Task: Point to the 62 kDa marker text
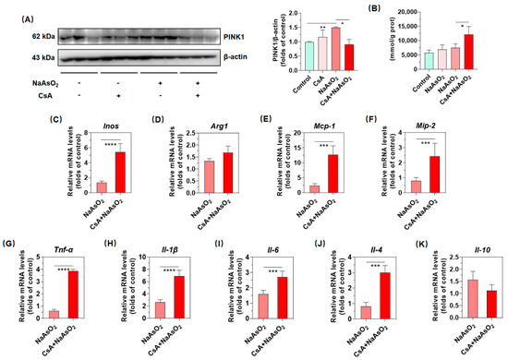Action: pos(18,38)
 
